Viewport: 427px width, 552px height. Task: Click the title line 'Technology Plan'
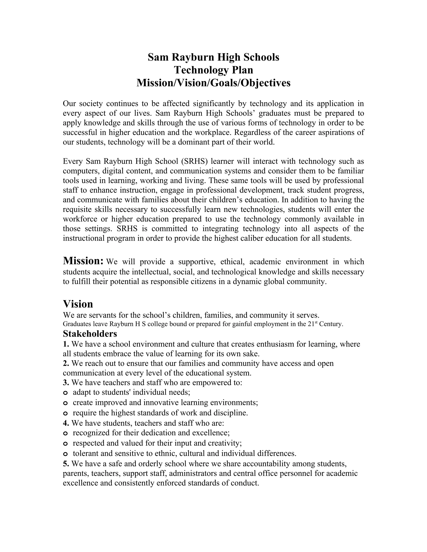click(x=213, y=70)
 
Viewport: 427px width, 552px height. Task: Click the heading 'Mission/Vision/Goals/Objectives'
click(x=213, y=83)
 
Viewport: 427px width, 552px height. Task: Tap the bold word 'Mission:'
click(x=83, y=261)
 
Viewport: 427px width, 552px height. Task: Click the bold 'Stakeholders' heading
click(x=90, y=334)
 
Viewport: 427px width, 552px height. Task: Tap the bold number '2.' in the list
click(x=66, y=363)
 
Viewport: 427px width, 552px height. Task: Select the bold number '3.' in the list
click(x=66, y=382)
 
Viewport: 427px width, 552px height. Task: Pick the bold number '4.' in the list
click(x=66, y=423)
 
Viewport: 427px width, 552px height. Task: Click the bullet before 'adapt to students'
click(x=65, y=393)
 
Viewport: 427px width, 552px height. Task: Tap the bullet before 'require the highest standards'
click(x=65, y=413)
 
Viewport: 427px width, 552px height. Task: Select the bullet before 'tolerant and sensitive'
click(x=65, y=454)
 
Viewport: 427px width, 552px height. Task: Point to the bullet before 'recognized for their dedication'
click(x=65, y=433)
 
